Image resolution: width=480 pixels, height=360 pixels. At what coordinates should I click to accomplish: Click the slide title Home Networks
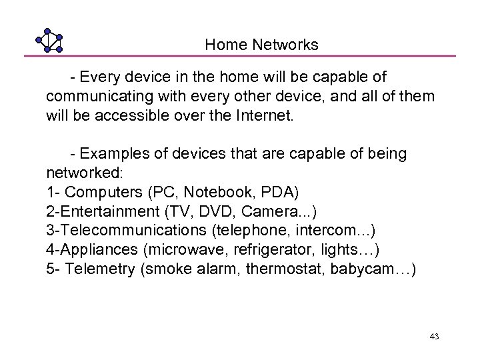261,45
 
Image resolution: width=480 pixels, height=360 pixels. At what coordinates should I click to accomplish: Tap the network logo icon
49,40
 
